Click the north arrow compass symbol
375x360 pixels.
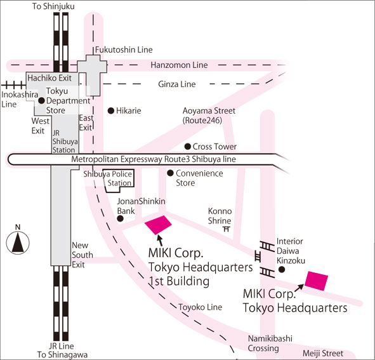[x=18, y=243]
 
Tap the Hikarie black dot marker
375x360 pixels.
[x=111, y=110]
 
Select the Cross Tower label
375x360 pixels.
[x=214, y=147]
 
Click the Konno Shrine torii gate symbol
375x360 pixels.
[x=227, y=229]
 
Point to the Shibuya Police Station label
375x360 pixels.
[x=108, y=178]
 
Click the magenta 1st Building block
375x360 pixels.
[x=158, y=225]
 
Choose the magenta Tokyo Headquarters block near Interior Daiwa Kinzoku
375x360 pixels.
[x=316, y=281]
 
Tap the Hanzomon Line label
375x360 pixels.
[x=179, y=65]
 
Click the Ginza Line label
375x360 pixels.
[x=177, y=84]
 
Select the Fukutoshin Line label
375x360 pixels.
[x=124, y=50]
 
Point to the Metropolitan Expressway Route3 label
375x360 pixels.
[x=154, y=159]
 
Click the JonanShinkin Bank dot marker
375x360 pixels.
[x=120, y=218]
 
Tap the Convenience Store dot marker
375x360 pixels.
[x=170, y=173]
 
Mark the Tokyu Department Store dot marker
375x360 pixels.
[x=41, y=100]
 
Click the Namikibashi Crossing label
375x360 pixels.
[x=270, y=343]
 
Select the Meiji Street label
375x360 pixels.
[x=323, y=353]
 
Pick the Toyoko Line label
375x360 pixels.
[x=200, y=307]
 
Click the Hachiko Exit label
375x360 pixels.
[x=49, y=78]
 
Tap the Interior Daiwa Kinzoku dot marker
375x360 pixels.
[x=282, y=269]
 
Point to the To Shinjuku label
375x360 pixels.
[x=53, y=6]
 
